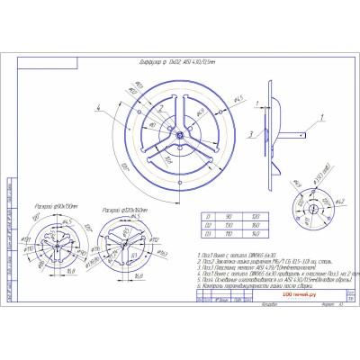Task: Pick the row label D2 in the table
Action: pos(210,225)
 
